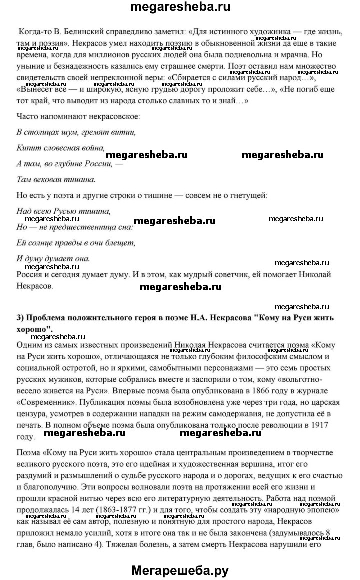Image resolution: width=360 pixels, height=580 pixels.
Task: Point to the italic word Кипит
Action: (29, 148)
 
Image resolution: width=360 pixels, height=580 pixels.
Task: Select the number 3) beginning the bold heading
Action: (21, 318)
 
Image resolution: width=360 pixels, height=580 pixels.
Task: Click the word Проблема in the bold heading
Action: (48, 318)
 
